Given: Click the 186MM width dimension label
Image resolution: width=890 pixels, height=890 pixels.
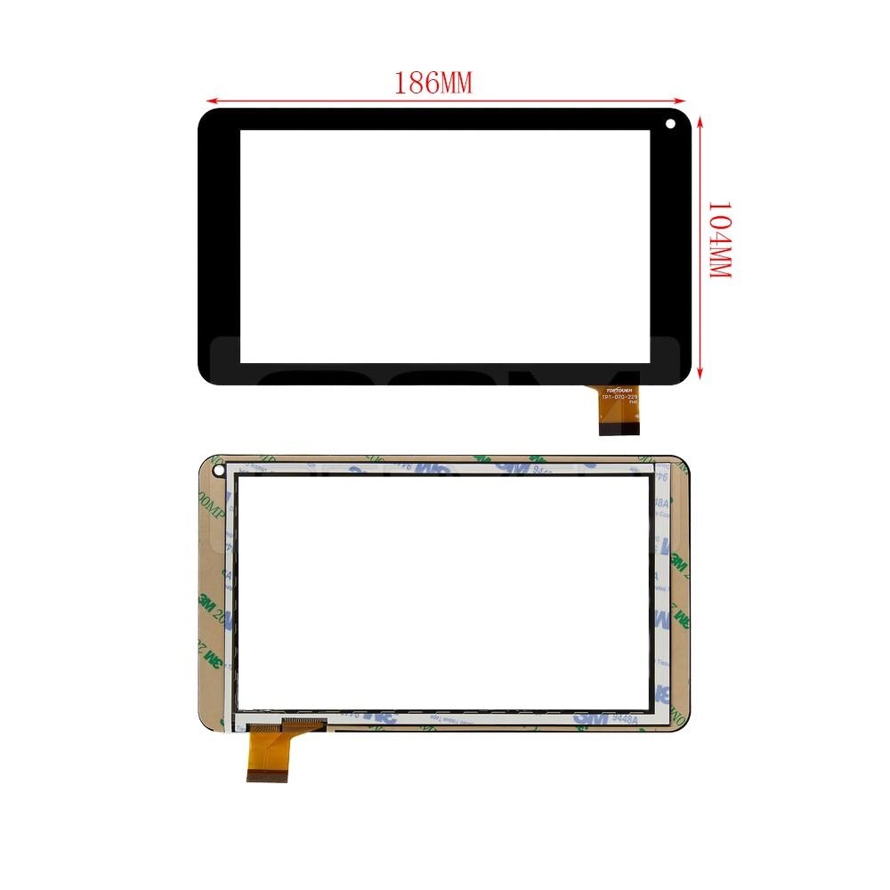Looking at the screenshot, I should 433,83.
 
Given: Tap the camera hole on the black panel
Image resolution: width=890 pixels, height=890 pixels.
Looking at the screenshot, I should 669,124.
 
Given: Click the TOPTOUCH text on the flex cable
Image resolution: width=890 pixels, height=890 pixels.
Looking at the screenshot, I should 619,391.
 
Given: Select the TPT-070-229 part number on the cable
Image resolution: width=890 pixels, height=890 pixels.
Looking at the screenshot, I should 620,398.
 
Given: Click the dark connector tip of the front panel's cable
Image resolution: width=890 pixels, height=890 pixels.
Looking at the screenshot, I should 619,429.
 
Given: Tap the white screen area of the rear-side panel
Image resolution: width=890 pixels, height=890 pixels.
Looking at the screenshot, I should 445,592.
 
